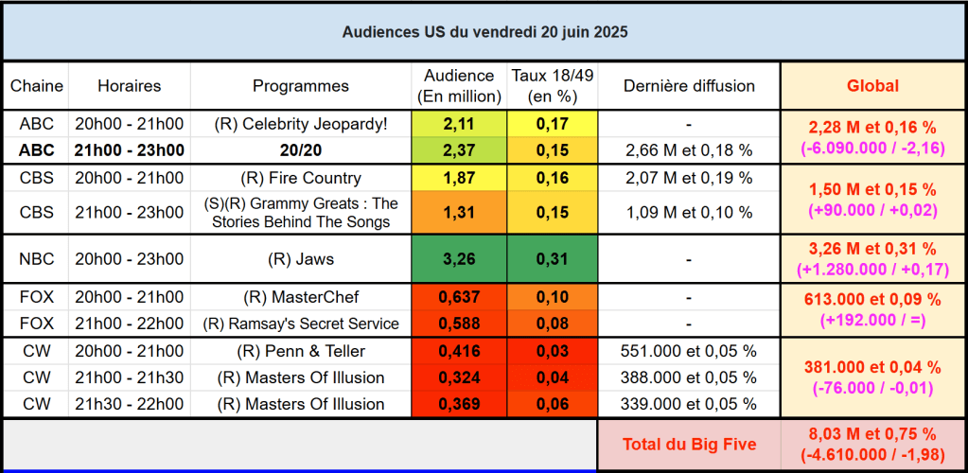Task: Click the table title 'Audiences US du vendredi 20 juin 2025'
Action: click(484, 32)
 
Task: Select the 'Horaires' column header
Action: click(130, 86)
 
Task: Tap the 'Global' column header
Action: click(872, 86)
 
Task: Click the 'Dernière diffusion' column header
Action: click(689, 86)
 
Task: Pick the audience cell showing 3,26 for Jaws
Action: click(459, 258)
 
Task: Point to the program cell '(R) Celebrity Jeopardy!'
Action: click(301, 124)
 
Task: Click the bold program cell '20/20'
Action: click(301, 150)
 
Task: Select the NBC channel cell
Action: click(36, 258)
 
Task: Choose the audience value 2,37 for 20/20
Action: click(459, 150)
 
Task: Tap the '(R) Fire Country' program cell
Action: click(301, 178)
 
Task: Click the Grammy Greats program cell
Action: click(301, 213)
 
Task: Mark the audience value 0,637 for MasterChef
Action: click(459, 297)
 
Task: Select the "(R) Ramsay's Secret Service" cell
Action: click(301, 324)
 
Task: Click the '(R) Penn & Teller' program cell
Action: click(301, 351)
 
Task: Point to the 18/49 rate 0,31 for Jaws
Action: click(552, 258)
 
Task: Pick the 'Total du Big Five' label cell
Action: click(689, 444)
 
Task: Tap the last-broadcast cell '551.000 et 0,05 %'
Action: click(689, 351)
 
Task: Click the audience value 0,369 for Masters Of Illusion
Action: click(459, 404)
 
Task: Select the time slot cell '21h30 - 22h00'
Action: click(130, 404)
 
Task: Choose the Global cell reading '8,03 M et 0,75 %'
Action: click(872, 434)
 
